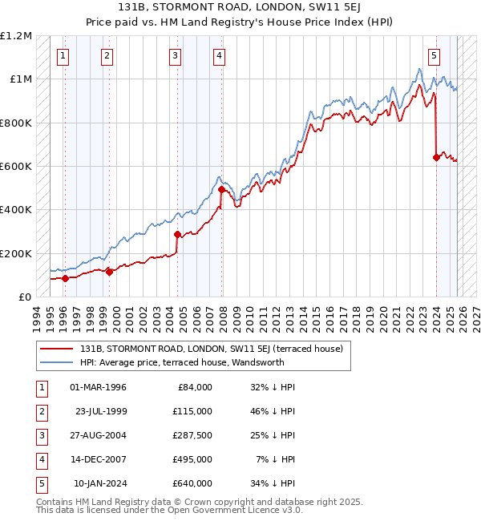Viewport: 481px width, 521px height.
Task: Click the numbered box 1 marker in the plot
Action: pyautogui.click(x=63, y=55)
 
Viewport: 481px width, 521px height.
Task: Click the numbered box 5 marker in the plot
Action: pyautogui.click(x=434, y=55)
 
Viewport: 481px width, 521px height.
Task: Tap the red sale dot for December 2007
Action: pyautogui.click(x=220, y=190)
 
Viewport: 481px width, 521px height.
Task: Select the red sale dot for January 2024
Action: pyautogui.click(x=436, y=158)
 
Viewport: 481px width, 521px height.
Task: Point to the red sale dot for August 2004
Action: pyautogui.click(x=177, y=234)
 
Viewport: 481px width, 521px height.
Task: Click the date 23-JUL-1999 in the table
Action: pyautogui.click(x=101, y=411)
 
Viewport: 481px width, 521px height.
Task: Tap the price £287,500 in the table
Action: pyautogui.click(x=192, y=435)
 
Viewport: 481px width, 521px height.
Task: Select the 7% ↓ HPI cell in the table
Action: pyautogui.click(x=276, y=459)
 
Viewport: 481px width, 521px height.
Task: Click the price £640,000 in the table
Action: pyautogui.click(x=192, y=483)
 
